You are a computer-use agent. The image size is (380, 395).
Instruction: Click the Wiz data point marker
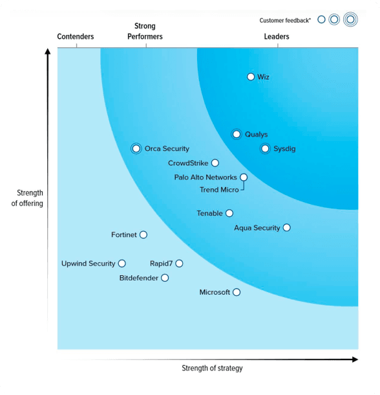pos(251,77)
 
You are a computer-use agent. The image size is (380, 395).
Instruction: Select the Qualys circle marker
pos(237,135)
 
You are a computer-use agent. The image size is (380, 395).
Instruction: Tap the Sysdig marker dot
pos(265,149)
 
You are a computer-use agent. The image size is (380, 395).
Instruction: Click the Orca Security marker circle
pos(136,149)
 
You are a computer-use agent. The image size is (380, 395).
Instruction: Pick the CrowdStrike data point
pos(215,163)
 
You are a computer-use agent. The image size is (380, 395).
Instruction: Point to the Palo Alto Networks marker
pos(244,177)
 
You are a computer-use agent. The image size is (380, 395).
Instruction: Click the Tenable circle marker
pos(229,213)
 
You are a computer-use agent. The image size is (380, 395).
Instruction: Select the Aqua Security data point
pos(287,228)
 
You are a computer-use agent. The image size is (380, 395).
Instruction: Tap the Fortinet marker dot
pos(143,235)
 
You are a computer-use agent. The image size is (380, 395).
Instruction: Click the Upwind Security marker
pos(122,264)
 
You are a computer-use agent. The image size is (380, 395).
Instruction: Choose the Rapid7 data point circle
pos(179,264)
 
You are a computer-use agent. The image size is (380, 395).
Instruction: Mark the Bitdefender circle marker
pos(165,278)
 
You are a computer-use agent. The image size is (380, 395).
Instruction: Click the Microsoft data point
pos(237,293)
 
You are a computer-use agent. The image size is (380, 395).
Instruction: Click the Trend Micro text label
pos(219,190)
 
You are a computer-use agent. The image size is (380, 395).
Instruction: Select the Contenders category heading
pos(76,37)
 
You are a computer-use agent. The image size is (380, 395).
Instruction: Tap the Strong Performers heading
pos(145,32)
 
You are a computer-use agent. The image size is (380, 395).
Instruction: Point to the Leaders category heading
pos(277,37)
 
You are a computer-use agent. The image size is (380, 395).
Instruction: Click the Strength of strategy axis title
pos(212,368)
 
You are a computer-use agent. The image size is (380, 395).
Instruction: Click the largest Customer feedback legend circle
pos(350,19)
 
